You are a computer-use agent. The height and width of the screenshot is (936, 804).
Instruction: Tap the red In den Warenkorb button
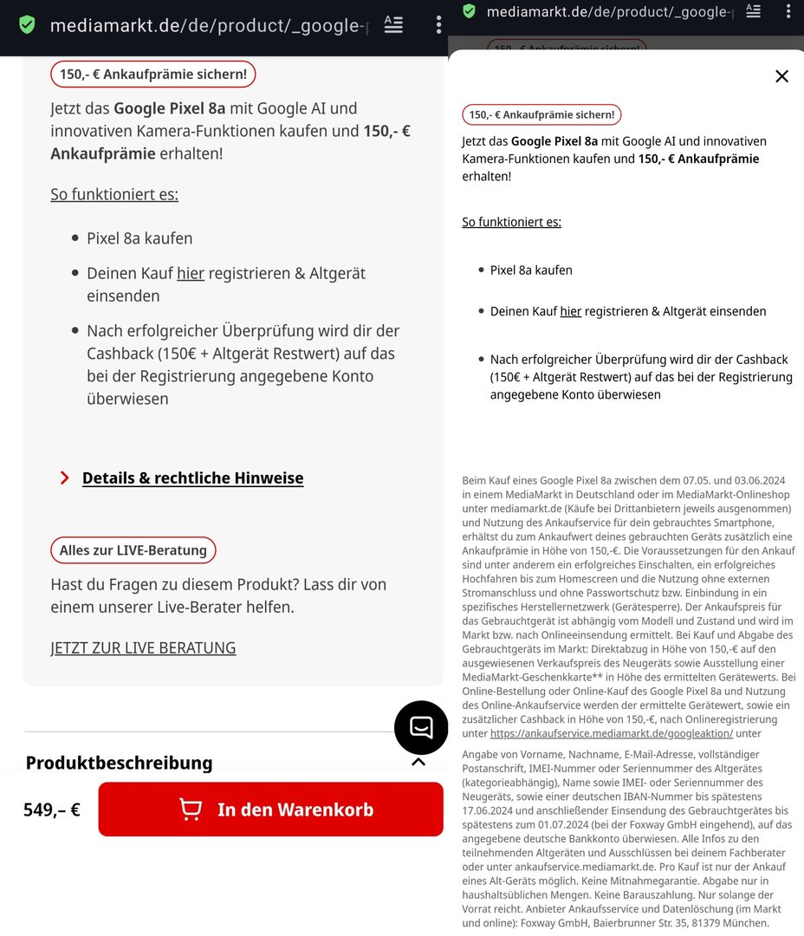click(x=270, y=809)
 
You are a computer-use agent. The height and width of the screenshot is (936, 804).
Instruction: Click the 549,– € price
click(x=52, y=810)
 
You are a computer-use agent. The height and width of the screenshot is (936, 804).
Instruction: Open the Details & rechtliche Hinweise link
click(x=192, y=478)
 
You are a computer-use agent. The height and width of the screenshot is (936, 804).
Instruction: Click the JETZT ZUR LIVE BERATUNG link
click(x=143, y=647)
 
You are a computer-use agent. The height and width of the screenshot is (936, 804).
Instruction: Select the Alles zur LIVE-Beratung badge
click(x=133, y=549)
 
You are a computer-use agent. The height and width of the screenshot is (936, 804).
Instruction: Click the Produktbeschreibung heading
click(x=119, y=763)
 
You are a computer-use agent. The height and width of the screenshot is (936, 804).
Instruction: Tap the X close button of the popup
click(x=781, y=76)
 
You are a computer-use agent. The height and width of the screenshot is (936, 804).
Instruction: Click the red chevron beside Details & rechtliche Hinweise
click(x=64, y=478)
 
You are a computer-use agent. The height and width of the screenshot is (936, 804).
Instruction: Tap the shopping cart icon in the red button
click(x=191, y=809)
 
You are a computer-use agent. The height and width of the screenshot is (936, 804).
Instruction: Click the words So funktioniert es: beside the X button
click(x=511, y=222)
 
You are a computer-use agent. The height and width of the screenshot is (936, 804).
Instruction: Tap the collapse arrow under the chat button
click(x=418, y=762)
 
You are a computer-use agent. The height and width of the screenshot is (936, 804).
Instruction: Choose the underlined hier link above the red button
click(x=190, y=273)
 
